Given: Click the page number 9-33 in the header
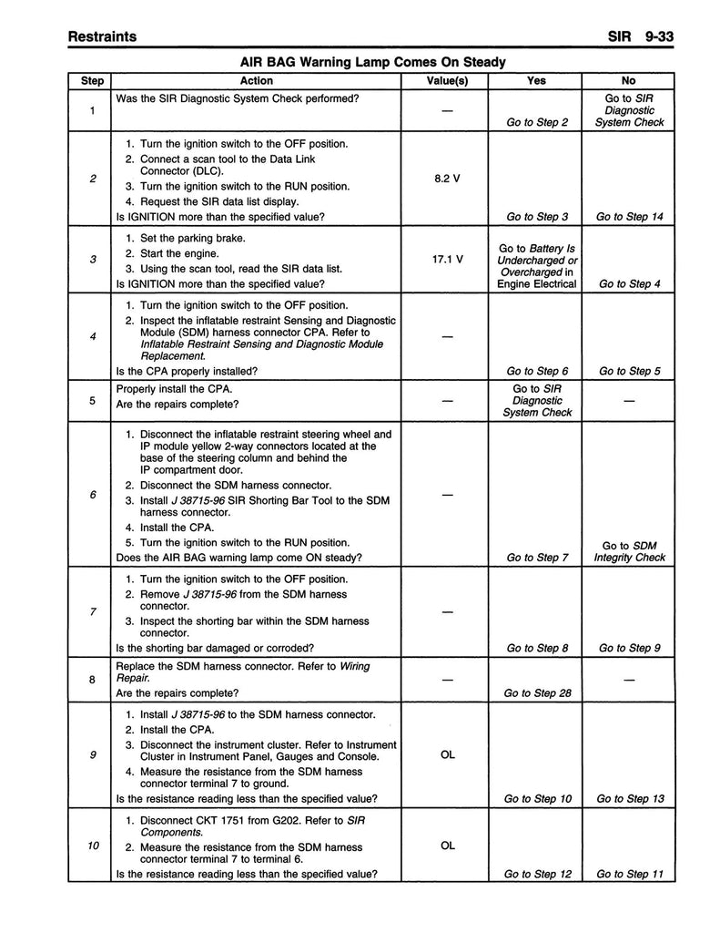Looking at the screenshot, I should pyautogui.click(x=663, y=36).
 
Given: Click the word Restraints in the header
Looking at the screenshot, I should pyautogui.click(x=103, y=36).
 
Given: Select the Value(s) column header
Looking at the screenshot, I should pyautogui.click(x=447, y=81).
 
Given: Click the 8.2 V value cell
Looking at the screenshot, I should pyautogui.click(x=447, y=179).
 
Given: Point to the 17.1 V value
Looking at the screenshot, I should pyautogui.click(x=447, y=259).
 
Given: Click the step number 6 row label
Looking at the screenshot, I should pyautogui.click(x=93, y=495).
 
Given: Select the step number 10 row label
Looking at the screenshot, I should pyautogui.click(x=93, y=846).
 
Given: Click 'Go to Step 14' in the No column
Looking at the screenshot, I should pyautogui.click(x=629, y=217).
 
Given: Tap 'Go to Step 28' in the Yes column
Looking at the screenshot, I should pyautogui.click(x=537, y=693).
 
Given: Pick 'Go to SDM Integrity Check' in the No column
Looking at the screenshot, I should pyautogui.click(x=629, y=551).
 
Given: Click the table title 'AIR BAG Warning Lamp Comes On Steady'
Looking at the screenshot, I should pyautogui.click(x=372, y=62).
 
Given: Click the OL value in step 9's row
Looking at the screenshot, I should pyautogui.click(x=447, y=754).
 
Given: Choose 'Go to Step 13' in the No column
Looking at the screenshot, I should pyautogui.click(x=629, y=799).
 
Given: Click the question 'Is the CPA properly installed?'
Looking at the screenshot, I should pyautogui.click(x=187, y=371).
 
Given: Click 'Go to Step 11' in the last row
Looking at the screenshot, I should pyautogui.click(x=629, y=875).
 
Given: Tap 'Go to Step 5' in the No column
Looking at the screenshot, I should pyautogui.click(x=629, y=371).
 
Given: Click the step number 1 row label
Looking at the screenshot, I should pyautogui.click(x=93, y=110).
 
